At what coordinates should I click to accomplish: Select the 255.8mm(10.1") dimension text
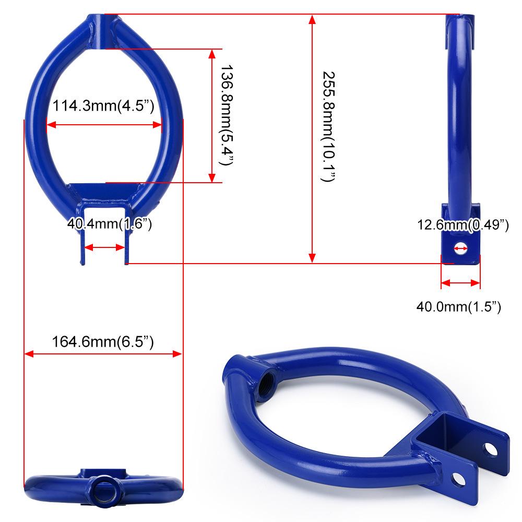click(x=328, y=126)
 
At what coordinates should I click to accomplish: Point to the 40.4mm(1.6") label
click(x=109, y=224)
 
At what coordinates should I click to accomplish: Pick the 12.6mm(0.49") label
click(x=462, y=225)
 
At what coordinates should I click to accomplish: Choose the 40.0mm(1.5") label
click(x=458, y=306)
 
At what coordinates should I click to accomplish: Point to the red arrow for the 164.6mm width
click(x=103, y=354)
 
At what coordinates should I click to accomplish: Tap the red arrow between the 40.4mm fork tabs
click(x=105, y=248)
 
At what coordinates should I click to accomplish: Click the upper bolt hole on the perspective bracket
click(x=491, y=448)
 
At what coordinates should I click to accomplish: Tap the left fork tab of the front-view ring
click(x=81, y=246)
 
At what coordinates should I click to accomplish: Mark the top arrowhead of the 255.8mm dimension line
click(x=312, y=21)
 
